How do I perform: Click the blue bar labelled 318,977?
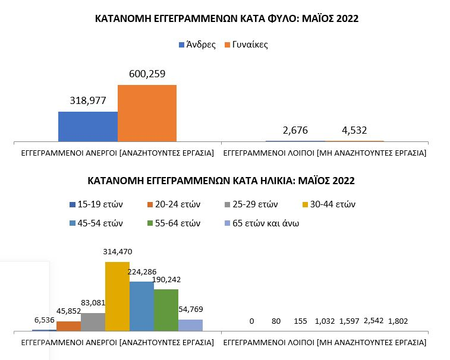point(87,126)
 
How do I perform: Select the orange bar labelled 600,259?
point(147,113)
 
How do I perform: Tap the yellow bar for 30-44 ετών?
point(117,296)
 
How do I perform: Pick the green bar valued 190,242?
point(166,310)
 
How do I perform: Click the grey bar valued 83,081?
point(93,321)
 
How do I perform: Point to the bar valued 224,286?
point(141,306)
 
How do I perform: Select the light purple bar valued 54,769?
point(190,325)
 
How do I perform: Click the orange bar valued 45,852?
point(68,326)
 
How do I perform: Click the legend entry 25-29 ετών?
point(254,204)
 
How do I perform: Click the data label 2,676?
point(295,130)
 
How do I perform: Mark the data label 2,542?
point(376,321)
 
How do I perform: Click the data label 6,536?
point(45,321)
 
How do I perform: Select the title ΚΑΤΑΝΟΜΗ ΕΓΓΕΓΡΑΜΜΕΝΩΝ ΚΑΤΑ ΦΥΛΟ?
point(227,19)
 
